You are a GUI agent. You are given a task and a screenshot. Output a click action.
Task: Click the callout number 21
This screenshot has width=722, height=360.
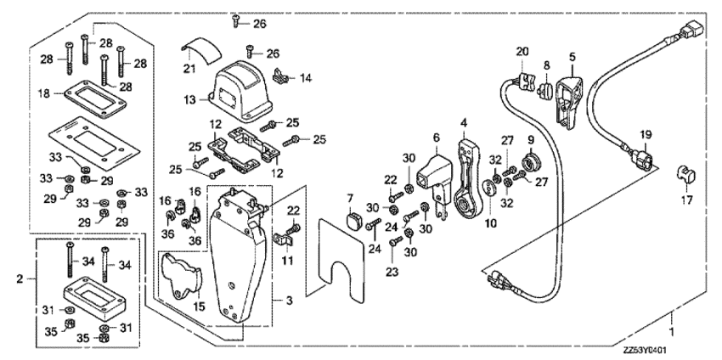(x=189, y=68)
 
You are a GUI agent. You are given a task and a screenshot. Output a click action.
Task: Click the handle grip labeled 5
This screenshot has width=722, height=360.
(x=567, y=96)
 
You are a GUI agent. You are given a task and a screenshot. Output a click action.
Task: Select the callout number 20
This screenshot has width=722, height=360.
(x=522, y=53)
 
